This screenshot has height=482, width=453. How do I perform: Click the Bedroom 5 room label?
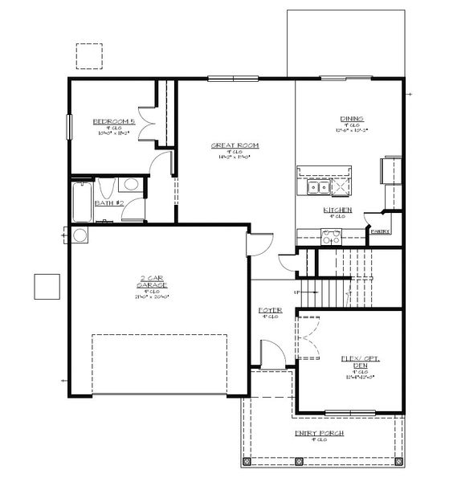[x=108, y=121]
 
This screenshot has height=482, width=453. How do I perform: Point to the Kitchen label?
[x=337, y=210]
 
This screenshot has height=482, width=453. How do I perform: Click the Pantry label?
[x=380, y=231]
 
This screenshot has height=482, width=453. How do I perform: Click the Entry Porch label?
[x=320, y=433]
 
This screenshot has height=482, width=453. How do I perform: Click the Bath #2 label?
[x=108, y=202]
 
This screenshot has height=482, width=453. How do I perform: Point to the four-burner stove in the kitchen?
[x=331, y=235]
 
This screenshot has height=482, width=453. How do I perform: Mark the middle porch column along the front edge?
[x=297, y=462]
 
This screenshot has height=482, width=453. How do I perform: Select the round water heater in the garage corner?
[x=80, y=235]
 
